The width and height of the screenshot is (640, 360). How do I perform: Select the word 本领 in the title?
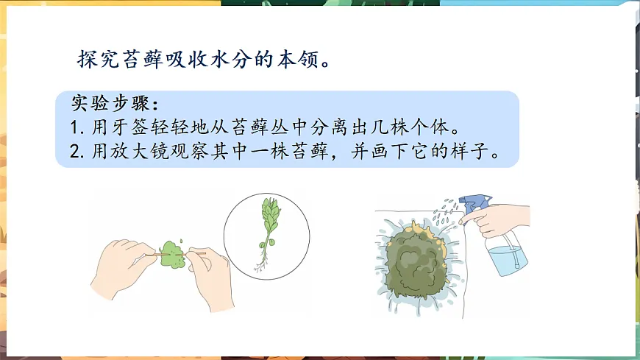(x=299, y=59)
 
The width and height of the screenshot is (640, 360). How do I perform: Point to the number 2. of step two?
(x=78, y=154)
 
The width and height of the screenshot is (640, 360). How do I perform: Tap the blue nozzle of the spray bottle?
(x=475, y=202)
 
